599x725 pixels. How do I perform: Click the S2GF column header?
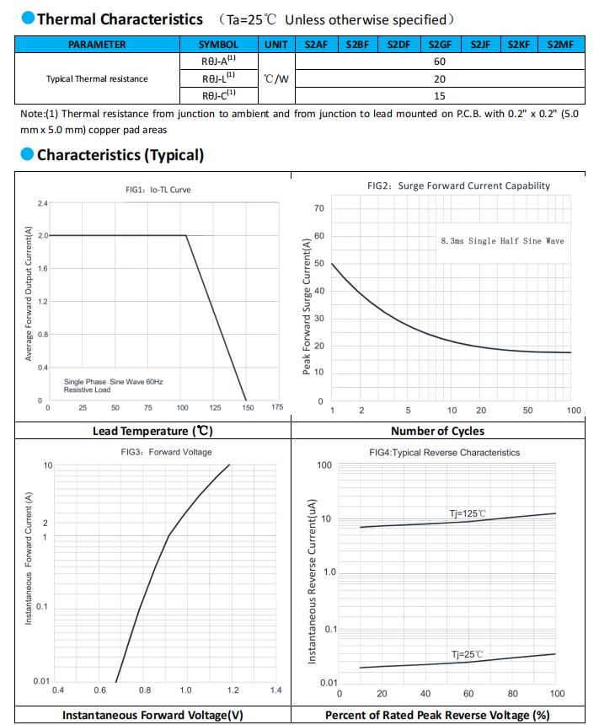[440, 45]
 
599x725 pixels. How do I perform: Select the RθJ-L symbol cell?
[218, 78]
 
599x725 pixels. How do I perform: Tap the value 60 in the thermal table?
[440, 62]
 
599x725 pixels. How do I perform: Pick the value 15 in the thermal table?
[440, 96]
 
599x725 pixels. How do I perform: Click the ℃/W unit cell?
[276, 78]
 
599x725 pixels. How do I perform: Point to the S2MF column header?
[560, 45]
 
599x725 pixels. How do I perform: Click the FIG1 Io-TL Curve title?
[158, 190]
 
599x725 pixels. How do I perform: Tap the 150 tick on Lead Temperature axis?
[248, 407]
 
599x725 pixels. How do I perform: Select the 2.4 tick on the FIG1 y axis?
[42, 203]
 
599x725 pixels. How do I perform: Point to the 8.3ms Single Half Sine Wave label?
[502, 241]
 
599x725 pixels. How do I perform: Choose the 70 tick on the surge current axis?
[319, 208]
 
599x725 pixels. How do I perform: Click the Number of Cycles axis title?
[438, 431]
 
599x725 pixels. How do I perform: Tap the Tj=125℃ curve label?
[468, 513]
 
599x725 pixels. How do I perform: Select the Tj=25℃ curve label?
[468, 654]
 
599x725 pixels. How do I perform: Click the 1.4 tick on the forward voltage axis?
[276, 690]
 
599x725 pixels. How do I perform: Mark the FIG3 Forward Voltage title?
[167, 452]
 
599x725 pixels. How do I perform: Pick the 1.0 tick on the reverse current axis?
[329, 572]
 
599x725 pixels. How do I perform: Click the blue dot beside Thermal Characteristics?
[28, 18]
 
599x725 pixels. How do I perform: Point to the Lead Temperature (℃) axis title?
[152, 431]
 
